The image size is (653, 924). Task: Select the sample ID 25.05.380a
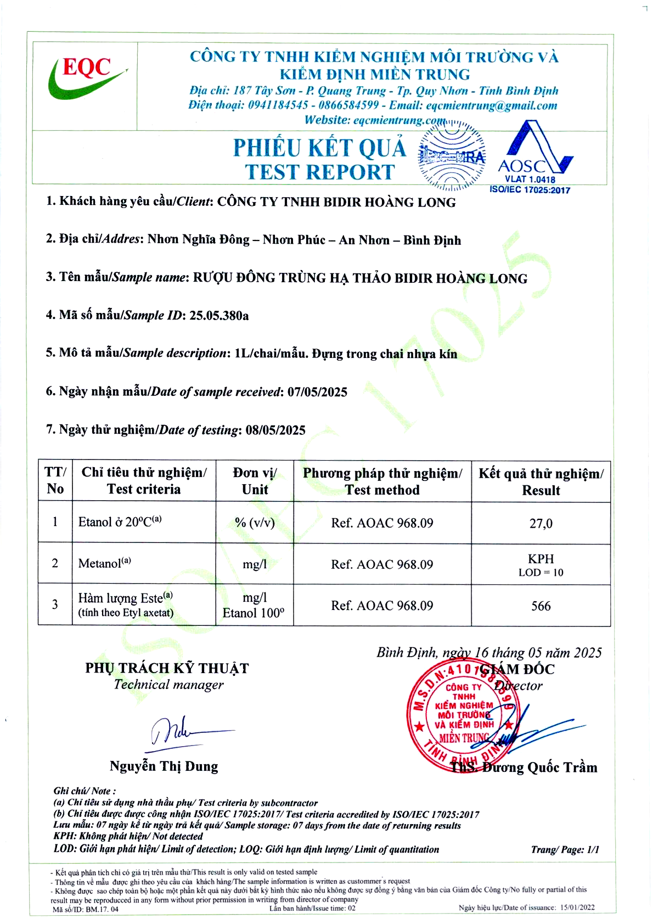click(219, 316)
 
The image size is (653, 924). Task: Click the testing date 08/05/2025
click(275, 430)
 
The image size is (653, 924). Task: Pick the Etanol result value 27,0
click(541, 524)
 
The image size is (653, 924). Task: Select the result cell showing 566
click(541, 606)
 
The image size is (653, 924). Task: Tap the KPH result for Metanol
click(541, 559)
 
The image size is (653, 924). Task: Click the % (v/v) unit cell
click(255, 523)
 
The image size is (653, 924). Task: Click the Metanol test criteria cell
click(105, 563)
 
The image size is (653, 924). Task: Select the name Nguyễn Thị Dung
click(164, 766)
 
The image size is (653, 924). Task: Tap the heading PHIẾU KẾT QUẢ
click(319, 148)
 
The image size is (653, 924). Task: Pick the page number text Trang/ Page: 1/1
click(565, 850)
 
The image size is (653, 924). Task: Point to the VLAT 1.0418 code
click(530, 180)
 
